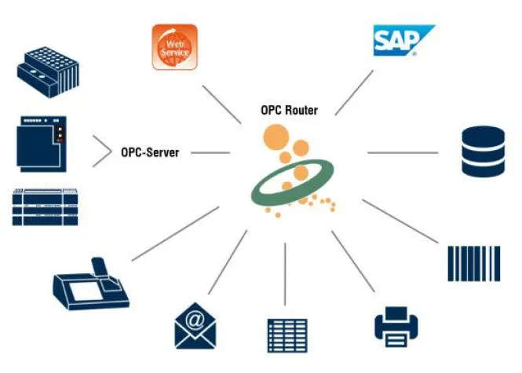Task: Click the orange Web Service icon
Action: pyautogui.click(x=174, y=47)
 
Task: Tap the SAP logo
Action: pyautogui.click(x=403, y=40)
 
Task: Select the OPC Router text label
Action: pyautogui.click(x=290, y=110)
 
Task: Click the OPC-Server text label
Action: pyautogui.click(x=150, y=152)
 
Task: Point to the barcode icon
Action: pyautogui.click(x=473, y=263)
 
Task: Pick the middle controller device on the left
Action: pyautogui.click(x=41, y=143)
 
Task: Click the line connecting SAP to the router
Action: pyautogui.click(x=355, y=93)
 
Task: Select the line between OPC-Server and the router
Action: pyautogui.click(x=210, y=152)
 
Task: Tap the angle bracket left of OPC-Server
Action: pyautogui.click(x=101, y=152)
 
